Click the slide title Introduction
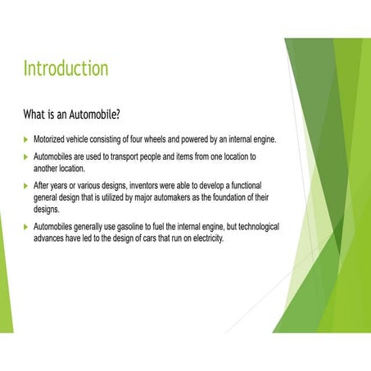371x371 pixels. tap(65, 67)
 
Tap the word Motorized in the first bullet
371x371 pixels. tap(52, 139)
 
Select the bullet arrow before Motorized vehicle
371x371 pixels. tap(25, 139)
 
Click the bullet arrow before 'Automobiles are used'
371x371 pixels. tap(25, 156)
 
